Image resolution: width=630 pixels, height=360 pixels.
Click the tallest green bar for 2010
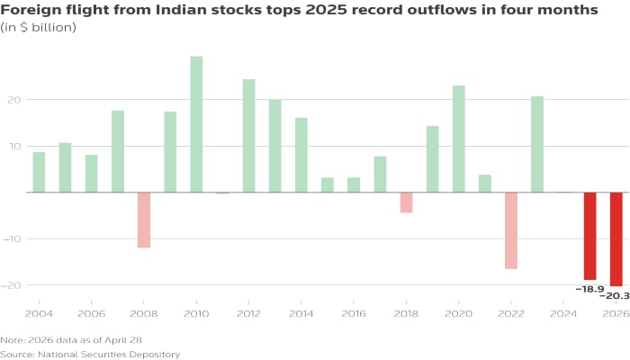[196, 124]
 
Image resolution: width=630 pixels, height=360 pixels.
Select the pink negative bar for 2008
[144, 220]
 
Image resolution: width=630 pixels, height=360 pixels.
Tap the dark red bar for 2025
[589, 236]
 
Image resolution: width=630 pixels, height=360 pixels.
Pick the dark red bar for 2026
[616, 239]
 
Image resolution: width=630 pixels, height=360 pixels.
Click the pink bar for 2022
[511, 230]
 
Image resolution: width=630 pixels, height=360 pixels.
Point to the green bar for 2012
[248, 136]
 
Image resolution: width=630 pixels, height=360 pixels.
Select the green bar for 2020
[459, 139]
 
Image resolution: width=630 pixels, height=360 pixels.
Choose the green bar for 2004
[39, 172]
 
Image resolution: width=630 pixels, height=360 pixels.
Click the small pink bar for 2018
[406, 202]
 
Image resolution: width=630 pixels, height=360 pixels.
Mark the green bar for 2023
[537, 144]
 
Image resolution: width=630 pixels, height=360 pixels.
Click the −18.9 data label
[589, 288]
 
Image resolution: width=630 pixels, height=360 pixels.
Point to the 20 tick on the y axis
[13, 99]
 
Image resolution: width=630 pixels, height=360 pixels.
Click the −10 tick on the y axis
[11, 238]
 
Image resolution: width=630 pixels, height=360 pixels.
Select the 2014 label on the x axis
[301, 314]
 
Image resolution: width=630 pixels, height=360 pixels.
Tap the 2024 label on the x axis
[563, 314]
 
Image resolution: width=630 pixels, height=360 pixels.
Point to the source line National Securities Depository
[90, 354]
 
